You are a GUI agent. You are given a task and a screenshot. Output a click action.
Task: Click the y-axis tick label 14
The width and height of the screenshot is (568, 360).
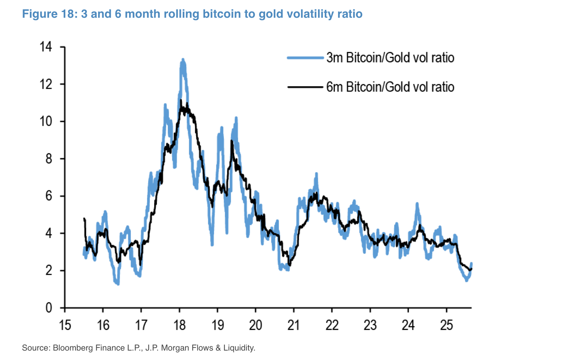[x=46, y=47]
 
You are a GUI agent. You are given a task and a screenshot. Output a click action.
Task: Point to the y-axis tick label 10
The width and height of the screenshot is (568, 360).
[x=46, y=122]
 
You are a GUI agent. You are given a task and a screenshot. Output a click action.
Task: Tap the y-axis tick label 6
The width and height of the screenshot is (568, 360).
[x=49, y=196]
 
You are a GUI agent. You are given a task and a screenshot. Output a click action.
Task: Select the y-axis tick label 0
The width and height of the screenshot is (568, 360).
[x=49, y=308]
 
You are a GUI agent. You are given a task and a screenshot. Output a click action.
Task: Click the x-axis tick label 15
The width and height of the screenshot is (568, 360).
[x=65, y=325]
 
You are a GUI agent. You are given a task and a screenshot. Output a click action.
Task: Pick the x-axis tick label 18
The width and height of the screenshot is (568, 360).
[x=179, y=325]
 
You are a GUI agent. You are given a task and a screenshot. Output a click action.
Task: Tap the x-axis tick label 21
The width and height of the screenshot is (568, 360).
[x=293, y=325]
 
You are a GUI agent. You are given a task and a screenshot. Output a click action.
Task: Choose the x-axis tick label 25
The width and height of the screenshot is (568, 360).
[x=446, y=325]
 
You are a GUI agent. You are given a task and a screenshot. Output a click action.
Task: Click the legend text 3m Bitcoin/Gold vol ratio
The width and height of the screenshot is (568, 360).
[x=390, y=58]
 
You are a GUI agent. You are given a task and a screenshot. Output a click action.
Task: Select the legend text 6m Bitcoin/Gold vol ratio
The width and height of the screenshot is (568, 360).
[x=390, y=87]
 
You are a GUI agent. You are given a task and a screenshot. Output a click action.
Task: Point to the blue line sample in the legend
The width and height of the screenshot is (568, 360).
[x=305, y=58]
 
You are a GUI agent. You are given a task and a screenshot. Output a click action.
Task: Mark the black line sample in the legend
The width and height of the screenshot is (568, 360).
[x=305, y=87]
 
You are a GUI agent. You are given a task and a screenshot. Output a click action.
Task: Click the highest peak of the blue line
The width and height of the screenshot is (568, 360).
[x=183, y=60]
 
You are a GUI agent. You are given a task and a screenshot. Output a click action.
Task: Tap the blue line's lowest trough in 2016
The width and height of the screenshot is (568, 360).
[x=118, y=283]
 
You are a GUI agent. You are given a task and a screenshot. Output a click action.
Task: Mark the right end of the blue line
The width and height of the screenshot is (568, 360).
[x=471, y=263]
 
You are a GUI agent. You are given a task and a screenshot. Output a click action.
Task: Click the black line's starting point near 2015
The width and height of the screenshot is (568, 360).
[x=84, y=218]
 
